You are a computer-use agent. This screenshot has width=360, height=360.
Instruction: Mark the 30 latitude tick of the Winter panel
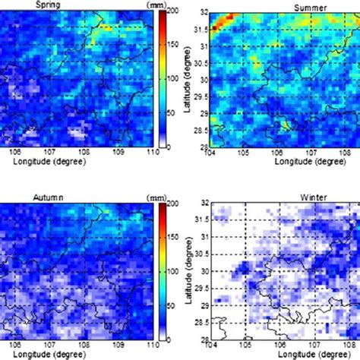[x=201, y=270]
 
